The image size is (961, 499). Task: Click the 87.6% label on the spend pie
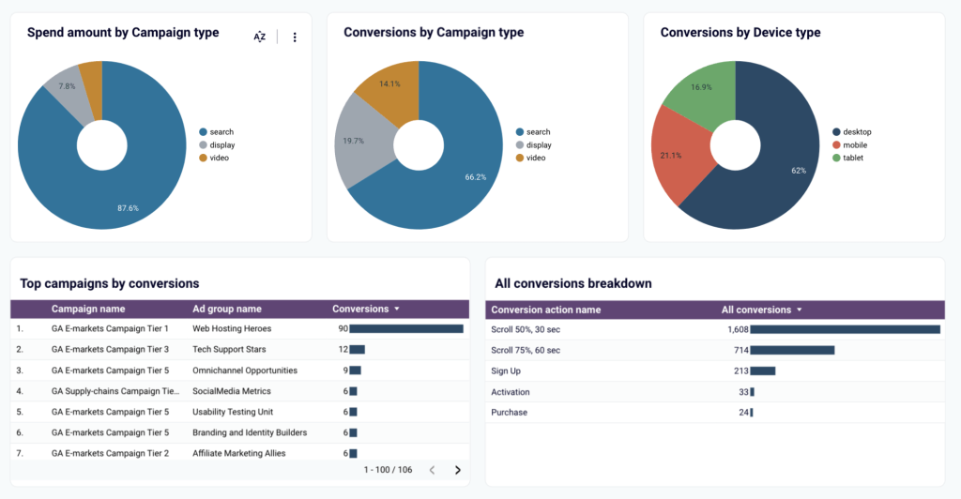pos(127,207)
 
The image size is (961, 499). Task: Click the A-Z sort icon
pos(260,37)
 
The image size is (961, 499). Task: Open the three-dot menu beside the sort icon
pos(295,37)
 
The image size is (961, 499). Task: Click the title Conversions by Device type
pos(740,33)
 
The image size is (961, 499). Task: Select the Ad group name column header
pos(227,309)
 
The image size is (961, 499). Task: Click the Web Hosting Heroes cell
pos(233,329)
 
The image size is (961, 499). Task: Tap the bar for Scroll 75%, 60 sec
pos(792,350)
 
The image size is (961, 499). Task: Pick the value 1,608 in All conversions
pos(737,329)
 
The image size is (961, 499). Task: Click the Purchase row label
pos(510,412)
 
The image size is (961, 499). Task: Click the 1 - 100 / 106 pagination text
pos(388,470)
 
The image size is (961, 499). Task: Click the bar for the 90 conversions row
pos(406,329)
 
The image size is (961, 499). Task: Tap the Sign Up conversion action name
pos(508,370)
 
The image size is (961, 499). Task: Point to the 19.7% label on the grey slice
pos(353,142)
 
